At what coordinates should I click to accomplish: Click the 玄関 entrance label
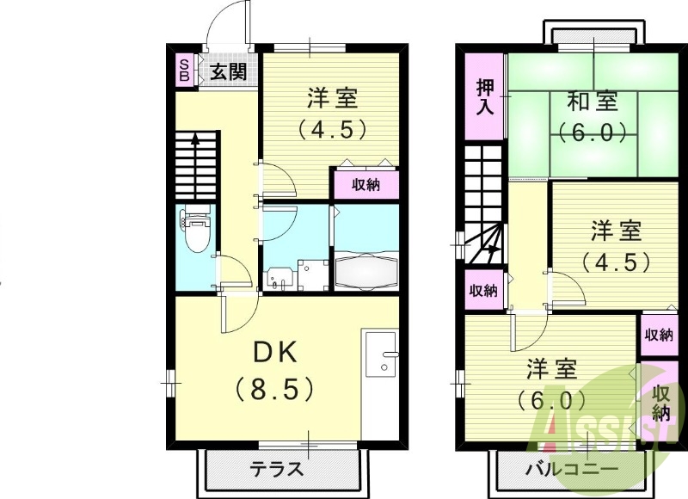[x=228, y=71]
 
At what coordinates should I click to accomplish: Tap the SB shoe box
[x=184, y=70]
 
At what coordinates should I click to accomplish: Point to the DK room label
[x=274, y=353]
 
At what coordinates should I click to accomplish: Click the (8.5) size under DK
[x=275, y=389]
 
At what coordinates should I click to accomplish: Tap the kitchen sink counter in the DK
[x=381, y=357]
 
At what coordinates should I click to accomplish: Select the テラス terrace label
[x=277, y=469]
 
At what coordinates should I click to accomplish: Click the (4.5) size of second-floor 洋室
[x=615, y=262]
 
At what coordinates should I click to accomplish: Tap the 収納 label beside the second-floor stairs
[x=483, y=290]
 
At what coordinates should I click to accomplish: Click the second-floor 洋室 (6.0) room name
[x=551, y=368]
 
